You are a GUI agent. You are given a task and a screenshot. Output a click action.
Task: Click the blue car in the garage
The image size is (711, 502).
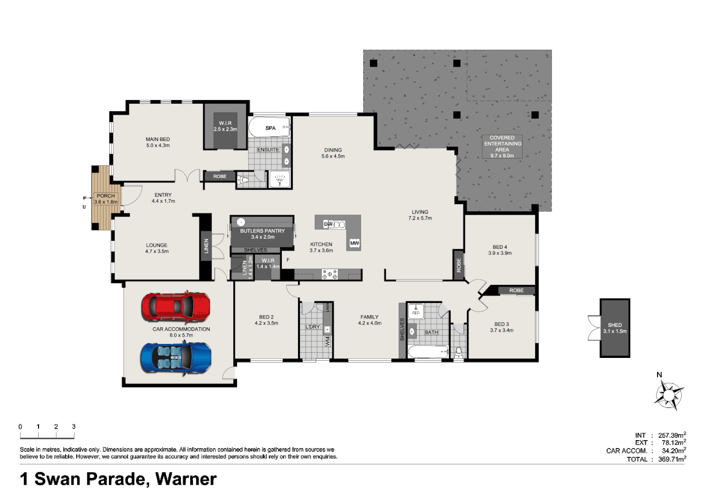(176, 357)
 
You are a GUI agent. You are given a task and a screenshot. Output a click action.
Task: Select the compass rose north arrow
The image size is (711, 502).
(669, 395)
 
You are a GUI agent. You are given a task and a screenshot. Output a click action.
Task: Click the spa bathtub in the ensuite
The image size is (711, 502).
(270, 127)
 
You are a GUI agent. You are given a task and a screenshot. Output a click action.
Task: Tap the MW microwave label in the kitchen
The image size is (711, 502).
(354, 243)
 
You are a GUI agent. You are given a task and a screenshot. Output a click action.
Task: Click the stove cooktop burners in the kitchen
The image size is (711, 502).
(330, 274)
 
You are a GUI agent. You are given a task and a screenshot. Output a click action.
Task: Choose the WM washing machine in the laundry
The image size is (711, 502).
(327, 341)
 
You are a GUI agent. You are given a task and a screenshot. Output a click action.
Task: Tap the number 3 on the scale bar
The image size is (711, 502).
(73, 427)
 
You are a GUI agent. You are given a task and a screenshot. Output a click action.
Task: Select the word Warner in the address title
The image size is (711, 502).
(186, 479)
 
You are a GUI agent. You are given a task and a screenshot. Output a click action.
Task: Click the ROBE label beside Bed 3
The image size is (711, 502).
(516, 291)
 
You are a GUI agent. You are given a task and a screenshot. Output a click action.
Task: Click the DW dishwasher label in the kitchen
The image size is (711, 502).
(328, 224)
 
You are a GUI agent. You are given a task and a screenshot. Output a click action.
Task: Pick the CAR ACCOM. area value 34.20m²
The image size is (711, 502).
(673, 451)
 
